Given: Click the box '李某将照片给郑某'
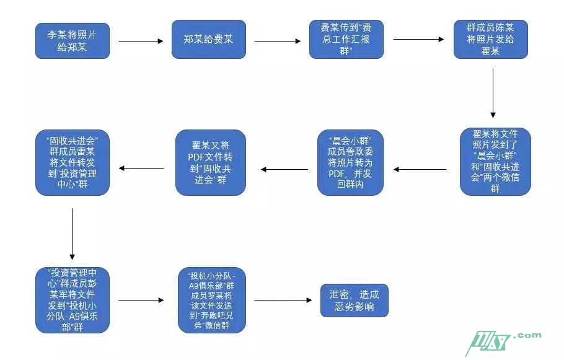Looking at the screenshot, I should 72,40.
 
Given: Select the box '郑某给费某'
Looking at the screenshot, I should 209,40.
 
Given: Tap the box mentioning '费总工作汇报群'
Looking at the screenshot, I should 346,40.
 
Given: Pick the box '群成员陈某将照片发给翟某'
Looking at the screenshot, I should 490,40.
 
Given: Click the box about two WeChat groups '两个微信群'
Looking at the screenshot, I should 495,162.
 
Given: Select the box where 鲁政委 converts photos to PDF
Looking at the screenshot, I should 351,162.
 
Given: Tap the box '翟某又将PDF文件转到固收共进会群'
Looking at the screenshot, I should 211,162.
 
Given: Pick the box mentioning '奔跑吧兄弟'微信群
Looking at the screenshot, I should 212,301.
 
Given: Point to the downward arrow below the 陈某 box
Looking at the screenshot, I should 493,93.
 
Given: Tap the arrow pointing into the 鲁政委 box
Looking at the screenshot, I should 420,169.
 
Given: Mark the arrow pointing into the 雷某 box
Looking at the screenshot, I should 141,168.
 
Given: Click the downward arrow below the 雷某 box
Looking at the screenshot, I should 73,234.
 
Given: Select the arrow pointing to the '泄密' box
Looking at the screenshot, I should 283,301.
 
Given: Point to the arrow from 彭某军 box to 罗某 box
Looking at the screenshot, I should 141,301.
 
